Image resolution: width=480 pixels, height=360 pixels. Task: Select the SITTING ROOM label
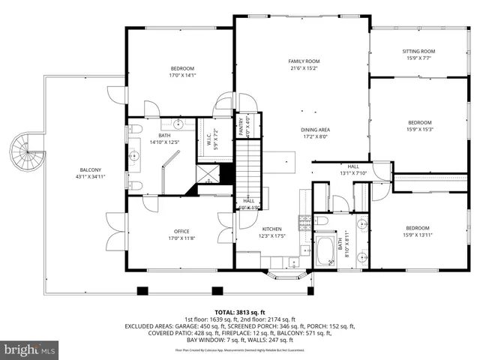click(x=420, y=51)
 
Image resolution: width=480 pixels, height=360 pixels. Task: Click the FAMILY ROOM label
click(x=304, y=61)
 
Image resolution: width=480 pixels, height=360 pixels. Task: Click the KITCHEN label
click(x=271, y=228)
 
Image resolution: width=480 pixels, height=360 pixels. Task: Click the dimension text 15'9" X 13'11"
click(x=418, y=235)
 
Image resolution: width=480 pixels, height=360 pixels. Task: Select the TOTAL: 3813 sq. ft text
click(x=240, y=311)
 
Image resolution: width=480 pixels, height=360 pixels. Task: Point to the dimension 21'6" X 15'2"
click(x=304, y=68)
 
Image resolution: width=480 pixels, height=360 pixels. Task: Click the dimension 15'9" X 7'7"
click(x=420, y=58)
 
